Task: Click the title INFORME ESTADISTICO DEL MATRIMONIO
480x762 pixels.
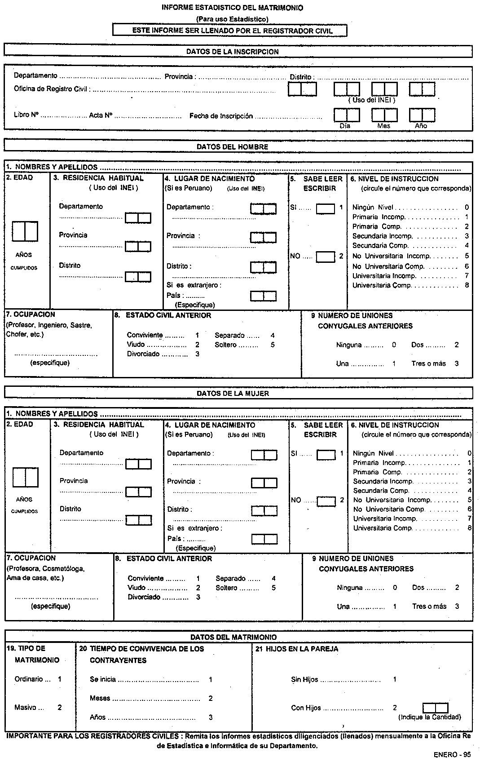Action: (232, 8)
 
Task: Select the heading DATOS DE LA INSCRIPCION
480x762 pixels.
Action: (232, 52)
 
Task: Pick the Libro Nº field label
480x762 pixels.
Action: (26, 115)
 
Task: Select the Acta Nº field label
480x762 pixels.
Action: (100, 115)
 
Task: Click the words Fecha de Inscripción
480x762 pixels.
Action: (221, 116)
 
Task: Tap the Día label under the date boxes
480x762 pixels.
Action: (345, 126)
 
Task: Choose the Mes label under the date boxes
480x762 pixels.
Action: (383, 126)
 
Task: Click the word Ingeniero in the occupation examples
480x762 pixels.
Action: (53, 325)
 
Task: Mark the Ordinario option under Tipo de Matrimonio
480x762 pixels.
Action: (29, 679)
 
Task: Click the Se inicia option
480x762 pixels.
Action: (103, 679)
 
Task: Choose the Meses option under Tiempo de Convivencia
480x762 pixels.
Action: (100, 698)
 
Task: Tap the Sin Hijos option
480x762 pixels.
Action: (304, 679)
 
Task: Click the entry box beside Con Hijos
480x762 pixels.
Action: (435, 708)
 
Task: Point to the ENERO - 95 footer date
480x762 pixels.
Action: (452, 754)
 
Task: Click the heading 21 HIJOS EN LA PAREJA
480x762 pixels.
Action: (297, 649)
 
